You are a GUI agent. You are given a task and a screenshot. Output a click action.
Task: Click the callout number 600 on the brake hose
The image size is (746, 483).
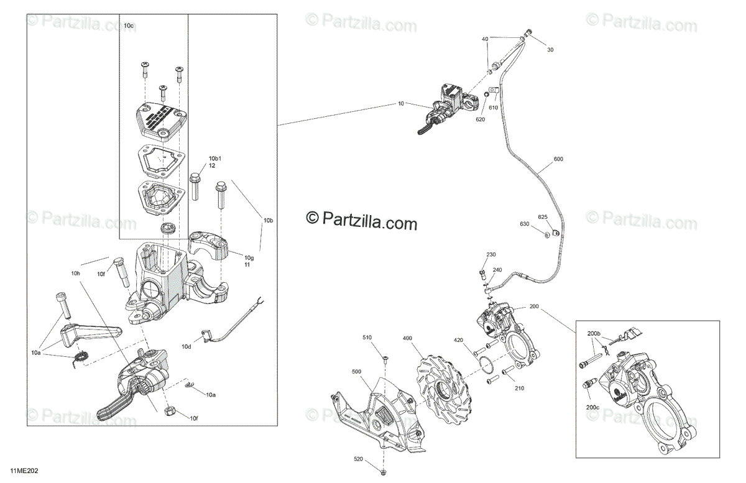[558, 159]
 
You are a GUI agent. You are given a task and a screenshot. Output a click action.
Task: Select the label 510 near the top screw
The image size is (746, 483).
[367, 338]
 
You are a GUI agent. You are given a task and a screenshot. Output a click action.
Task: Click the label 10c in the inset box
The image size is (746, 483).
[128, 25]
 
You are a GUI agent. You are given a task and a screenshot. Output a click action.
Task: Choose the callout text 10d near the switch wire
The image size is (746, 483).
[186, 346]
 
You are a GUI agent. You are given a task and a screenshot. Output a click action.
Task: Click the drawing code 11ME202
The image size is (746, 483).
[22, 472]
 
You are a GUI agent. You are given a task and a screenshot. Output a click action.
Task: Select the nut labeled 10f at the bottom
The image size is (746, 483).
[169, 411]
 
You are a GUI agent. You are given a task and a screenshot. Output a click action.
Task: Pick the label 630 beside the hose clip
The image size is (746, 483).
[525, 224]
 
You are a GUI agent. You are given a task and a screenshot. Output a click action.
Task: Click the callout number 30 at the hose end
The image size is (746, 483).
[550, 50]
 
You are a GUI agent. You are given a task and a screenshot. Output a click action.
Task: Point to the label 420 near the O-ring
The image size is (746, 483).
[458, 341]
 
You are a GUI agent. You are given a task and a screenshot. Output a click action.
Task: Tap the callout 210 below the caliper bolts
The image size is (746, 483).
[519, 389]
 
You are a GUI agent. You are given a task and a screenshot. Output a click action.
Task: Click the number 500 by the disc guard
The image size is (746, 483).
[356, 372]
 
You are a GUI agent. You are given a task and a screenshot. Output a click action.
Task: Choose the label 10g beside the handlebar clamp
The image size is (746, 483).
[249, 257]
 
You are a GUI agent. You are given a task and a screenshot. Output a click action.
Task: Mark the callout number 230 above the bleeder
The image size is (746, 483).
[491, 255]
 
